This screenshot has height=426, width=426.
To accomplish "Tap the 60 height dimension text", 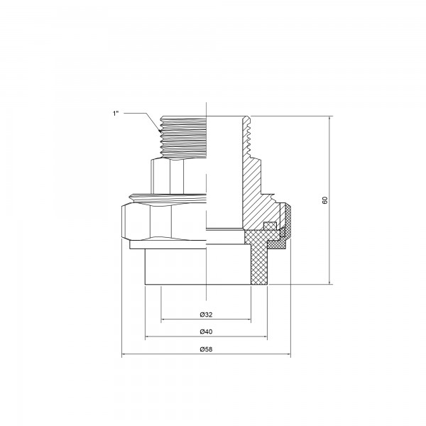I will point(324,200).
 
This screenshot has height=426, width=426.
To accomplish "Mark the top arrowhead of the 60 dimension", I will point(330,118).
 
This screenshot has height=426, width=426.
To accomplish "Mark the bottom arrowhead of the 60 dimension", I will point(330,283).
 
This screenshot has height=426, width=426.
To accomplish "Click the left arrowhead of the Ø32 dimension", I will point(163,319).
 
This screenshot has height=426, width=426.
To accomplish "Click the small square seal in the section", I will point(270,226).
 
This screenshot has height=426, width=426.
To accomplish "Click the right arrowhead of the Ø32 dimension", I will point(249,319).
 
